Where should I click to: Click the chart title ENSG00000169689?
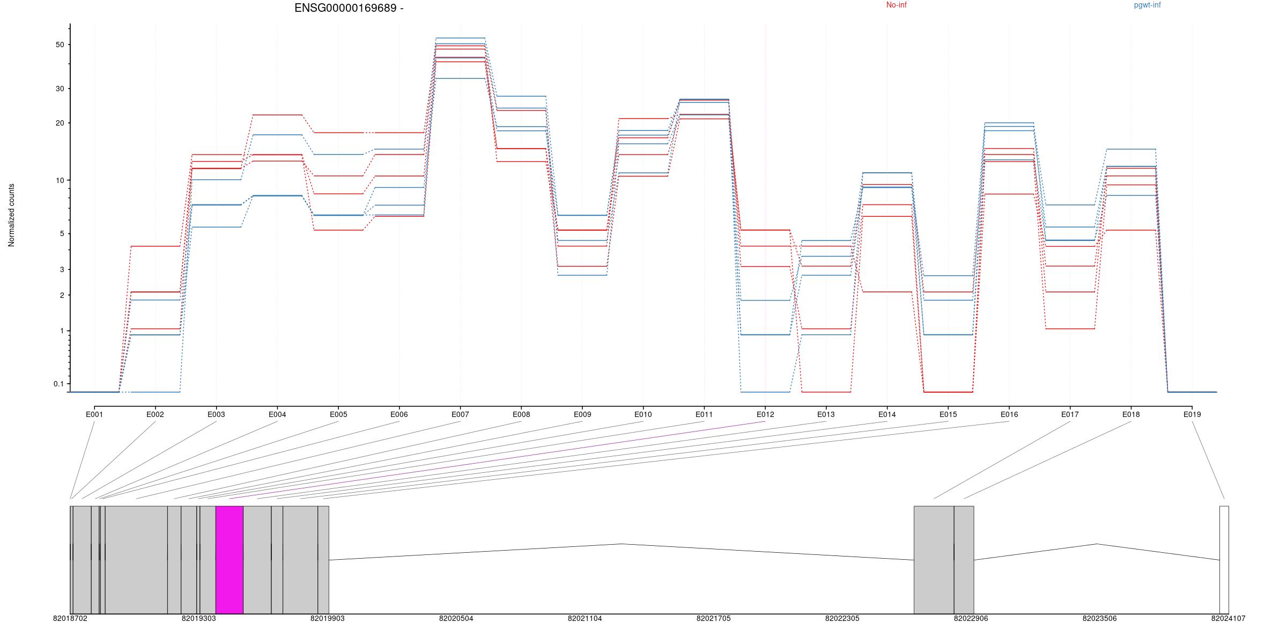pos(349,8)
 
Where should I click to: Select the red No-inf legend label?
pos(896,5)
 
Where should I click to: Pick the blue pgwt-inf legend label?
pos(1147,5)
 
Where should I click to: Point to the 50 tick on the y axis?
pos(60,45)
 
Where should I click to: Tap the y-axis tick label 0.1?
pos(58,384)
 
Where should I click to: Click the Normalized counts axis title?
pos(11,215)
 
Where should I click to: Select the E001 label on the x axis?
pos(94,414)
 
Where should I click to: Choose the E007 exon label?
pos(460,414)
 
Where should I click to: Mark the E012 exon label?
pos(765,414)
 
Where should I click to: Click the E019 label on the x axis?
pos(1192,414)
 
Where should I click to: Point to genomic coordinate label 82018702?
pos(70,618)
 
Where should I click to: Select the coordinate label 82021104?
pos(585,618)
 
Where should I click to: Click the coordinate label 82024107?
pos(1228,618)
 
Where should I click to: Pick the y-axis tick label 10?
pos(60,180)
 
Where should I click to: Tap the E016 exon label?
pos(1009,414)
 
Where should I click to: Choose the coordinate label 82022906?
pos(971,618)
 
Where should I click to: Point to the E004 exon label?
pos(277,414)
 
